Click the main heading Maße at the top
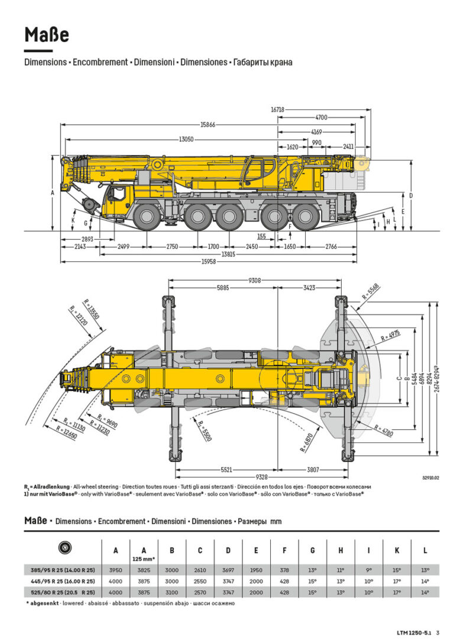point(47,35)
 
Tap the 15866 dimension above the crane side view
point(207,125)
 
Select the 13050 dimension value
point(186,140)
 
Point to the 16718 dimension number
point(278,109)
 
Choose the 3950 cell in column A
point(115,570)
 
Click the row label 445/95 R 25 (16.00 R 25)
point(63,581)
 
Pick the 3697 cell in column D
point(228,570)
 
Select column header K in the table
point(397,551)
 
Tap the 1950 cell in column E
point(255,570)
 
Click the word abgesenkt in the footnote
point(45,603)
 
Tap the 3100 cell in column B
point(171,592)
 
